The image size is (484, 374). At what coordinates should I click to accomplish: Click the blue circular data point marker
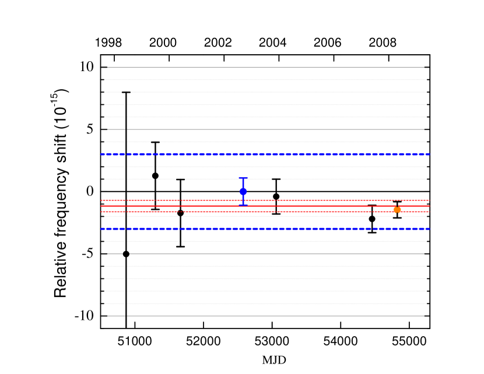[243, 191]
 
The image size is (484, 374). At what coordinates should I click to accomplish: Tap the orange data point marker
[397, 210]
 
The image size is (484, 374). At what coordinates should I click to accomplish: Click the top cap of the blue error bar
[243, 178]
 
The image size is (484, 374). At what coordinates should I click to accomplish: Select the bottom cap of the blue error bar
[243, 204]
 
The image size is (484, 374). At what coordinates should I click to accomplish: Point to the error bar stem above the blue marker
[243, 184]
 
